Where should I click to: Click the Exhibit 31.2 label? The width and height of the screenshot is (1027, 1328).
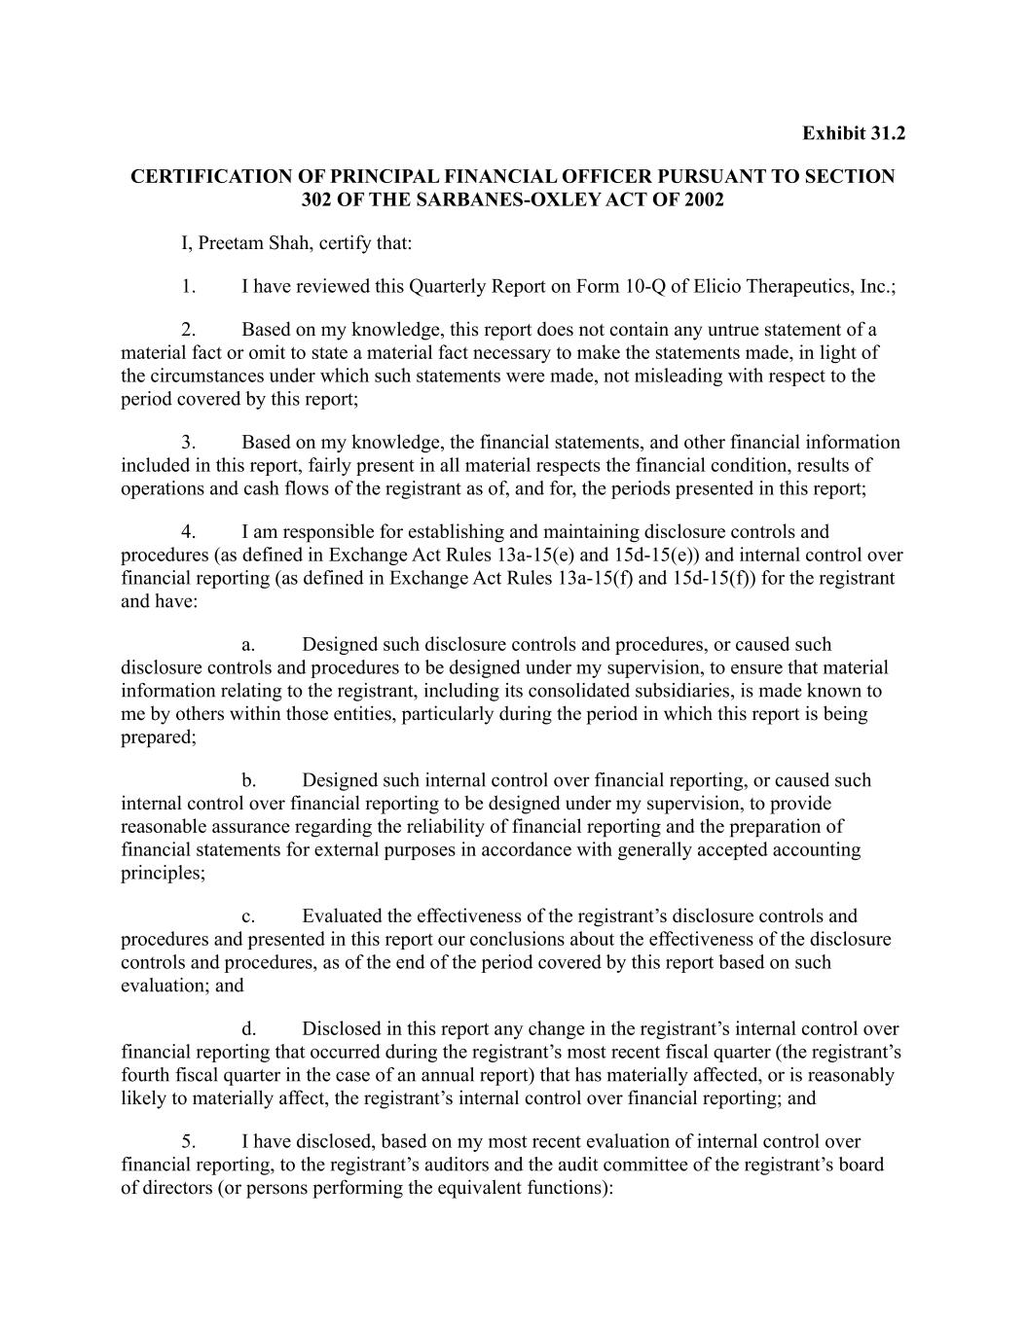pos(853,132)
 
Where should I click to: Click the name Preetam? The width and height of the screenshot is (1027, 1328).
pos(230,242)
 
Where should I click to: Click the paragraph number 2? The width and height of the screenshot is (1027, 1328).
pos(188,330)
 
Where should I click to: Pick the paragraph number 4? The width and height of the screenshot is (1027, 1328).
pos(188,532)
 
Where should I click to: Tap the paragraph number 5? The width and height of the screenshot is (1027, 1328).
pos(188,1142)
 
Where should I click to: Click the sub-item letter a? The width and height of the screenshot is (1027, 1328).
pos(248,645)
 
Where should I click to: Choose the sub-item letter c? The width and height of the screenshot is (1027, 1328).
pos(248,916)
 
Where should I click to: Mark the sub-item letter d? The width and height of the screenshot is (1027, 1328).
pos(248,1029)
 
